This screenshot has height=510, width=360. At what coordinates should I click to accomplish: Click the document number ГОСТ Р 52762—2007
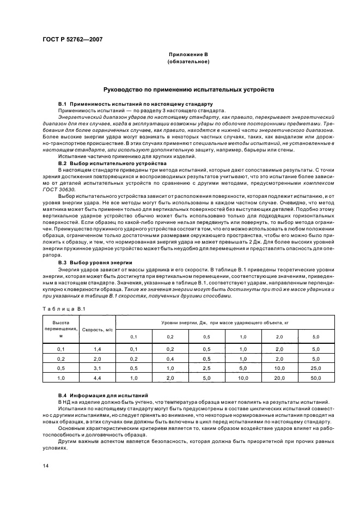pos(72,40)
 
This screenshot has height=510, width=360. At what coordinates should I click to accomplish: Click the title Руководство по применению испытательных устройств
pos(188,89)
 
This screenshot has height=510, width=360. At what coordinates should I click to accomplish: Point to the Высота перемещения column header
pos(61,330)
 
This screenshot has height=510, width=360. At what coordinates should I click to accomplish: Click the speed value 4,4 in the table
pos(98,377)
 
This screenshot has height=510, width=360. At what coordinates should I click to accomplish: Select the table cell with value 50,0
pos(316,377)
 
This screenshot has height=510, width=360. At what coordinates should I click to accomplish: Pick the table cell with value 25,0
pos(316,368)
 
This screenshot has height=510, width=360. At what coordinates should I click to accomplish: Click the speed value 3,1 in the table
pos(98,368)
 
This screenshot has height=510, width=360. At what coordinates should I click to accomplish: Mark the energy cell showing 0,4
pos(170,358)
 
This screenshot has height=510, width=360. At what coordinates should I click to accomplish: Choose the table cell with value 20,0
pos(280,377)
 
